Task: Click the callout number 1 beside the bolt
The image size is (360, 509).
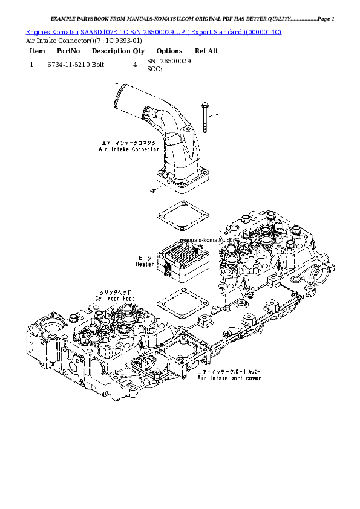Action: pos(220,115)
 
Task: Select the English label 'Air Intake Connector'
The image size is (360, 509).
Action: pos(129,149)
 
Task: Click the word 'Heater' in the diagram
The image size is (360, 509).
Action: pos(145,264)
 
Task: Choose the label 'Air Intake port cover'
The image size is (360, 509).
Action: pos(230,378)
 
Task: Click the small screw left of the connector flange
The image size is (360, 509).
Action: pos(153,191)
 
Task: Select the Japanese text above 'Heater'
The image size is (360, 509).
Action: pos(145,257)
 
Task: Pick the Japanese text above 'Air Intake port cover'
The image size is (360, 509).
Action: pos(229,372)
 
